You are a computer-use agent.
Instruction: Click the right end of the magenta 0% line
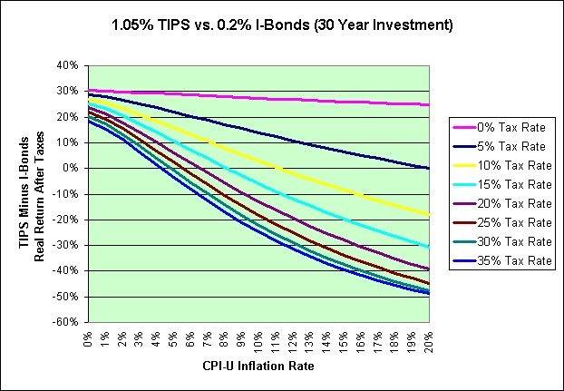427,105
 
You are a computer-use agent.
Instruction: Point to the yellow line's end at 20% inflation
427,214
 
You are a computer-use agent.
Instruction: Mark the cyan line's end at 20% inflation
427,247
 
